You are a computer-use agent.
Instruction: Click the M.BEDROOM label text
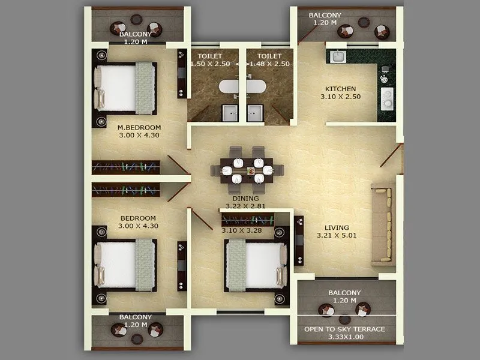(139, 127)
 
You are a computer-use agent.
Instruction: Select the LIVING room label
(336, 227)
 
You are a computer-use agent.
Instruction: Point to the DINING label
(246, 198)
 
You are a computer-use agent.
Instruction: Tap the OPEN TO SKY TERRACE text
(344, 329)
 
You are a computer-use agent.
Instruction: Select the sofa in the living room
(382, 225)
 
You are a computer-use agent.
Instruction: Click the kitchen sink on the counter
(338, 57)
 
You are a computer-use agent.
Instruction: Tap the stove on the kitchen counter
(386, 96)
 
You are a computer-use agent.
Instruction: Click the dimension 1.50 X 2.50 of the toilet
(210, 63)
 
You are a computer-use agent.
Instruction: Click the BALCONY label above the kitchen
(325, 15)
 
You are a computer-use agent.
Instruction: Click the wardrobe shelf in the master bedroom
(126, 167)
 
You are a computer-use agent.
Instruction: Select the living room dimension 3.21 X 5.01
(336, 236)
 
